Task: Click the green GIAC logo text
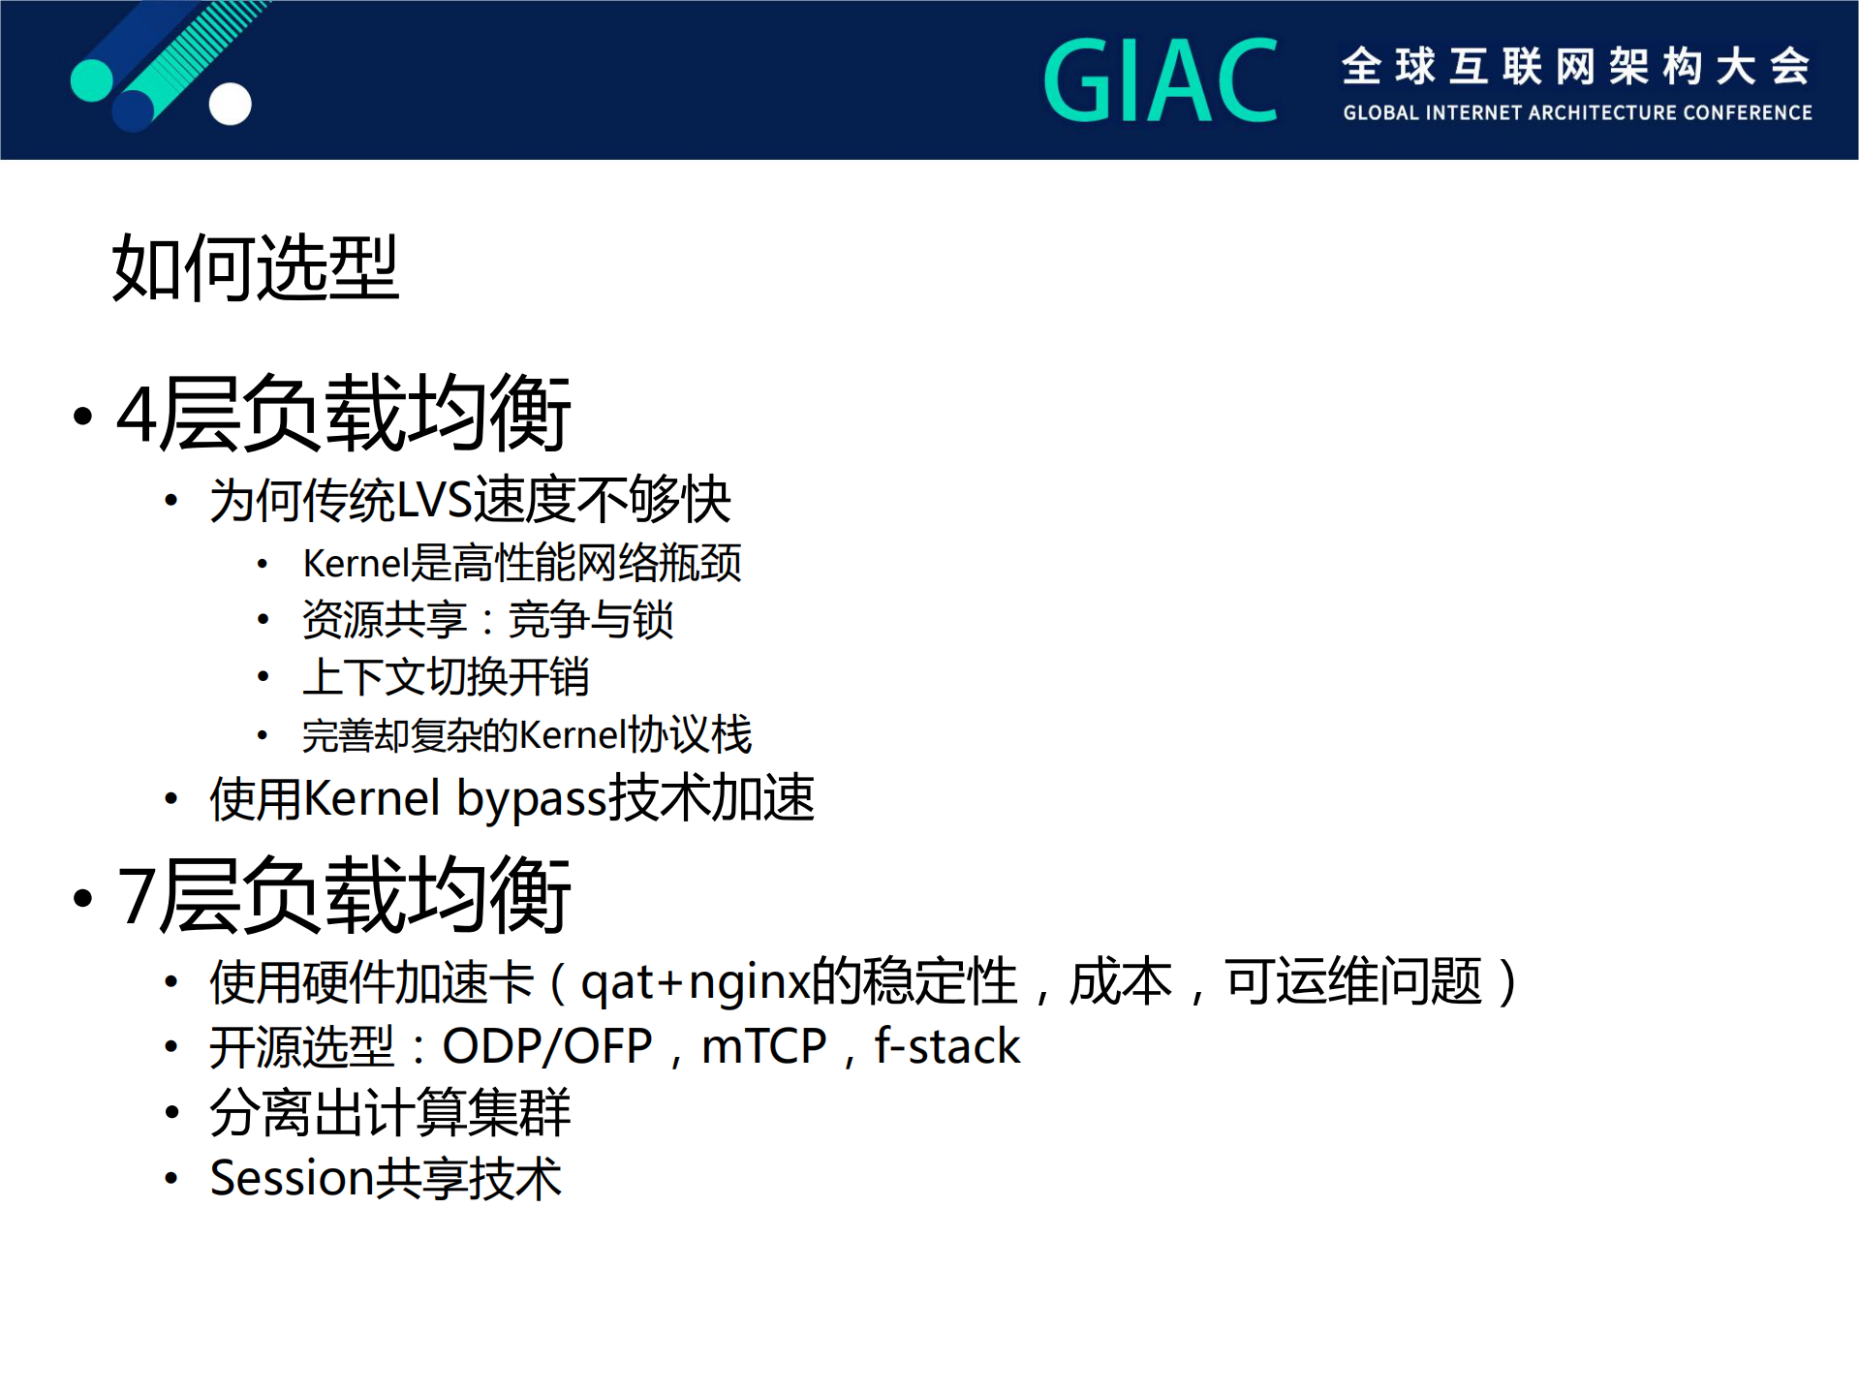(x=1160, y=80)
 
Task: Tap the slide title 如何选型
(x=255, y=267)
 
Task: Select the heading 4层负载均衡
(x=343, y=415)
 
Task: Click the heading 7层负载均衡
(x=343, y=896)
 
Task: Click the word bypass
(x=531, y=800)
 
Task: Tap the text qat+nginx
(x=694, y=982)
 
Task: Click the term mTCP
(x=763, y=1047)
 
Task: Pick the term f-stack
(x=946, y=1047)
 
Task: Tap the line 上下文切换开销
(x=446, y=677)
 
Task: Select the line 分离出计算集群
(x=389, y=1113)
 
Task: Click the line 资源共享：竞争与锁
(x=487, y=620)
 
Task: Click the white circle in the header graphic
(x=231, y=104)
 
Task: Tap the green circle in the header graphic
(x=92, y=80)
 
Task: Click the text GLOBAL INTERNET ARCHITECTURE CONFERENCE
(x=1576, y=113)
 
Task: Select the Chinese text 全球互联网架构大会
(x=1575, y=66)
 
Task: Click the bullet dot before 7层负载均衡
(x=83, y=898)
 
